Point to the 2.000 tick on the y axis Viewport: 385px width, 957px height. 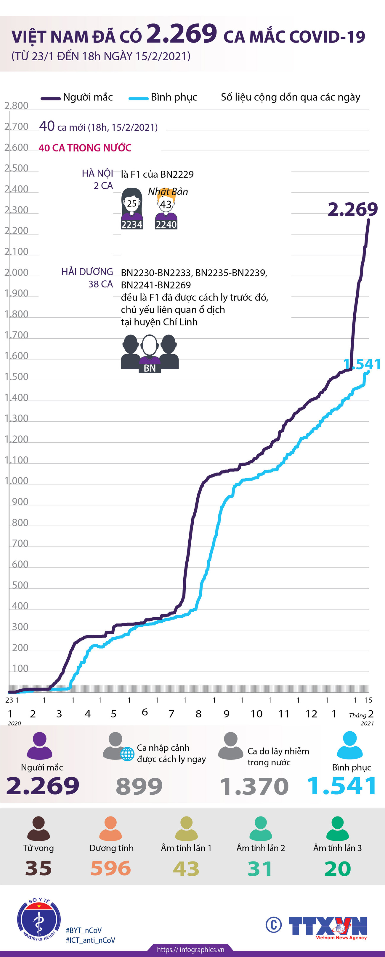(x=16, y=272)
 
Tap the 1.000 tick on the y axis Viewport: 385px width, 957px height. (x=16, y=481)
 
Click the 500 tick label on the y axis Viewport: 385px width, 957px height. (x=20, y=585)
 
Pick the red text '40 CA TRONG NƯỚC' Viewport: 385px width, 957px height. (x=85, y=148)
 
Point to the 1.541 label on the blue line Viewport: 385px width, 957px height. (x=362, y=364)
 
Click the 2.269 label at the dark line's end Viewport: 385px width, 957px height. (x=352, y=210)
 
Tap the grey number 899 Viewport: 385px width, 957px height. (x=139, y=786)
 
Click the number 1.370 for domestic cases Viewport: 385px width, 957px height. (x=254, y=786)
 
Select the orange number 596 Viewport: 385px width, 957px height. (x=111, y=868)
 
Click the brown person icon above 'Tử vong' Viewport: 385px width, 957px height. (x=38, y=828)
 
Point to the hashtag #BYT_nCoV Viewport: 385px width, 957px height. (x=84, y=930)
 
